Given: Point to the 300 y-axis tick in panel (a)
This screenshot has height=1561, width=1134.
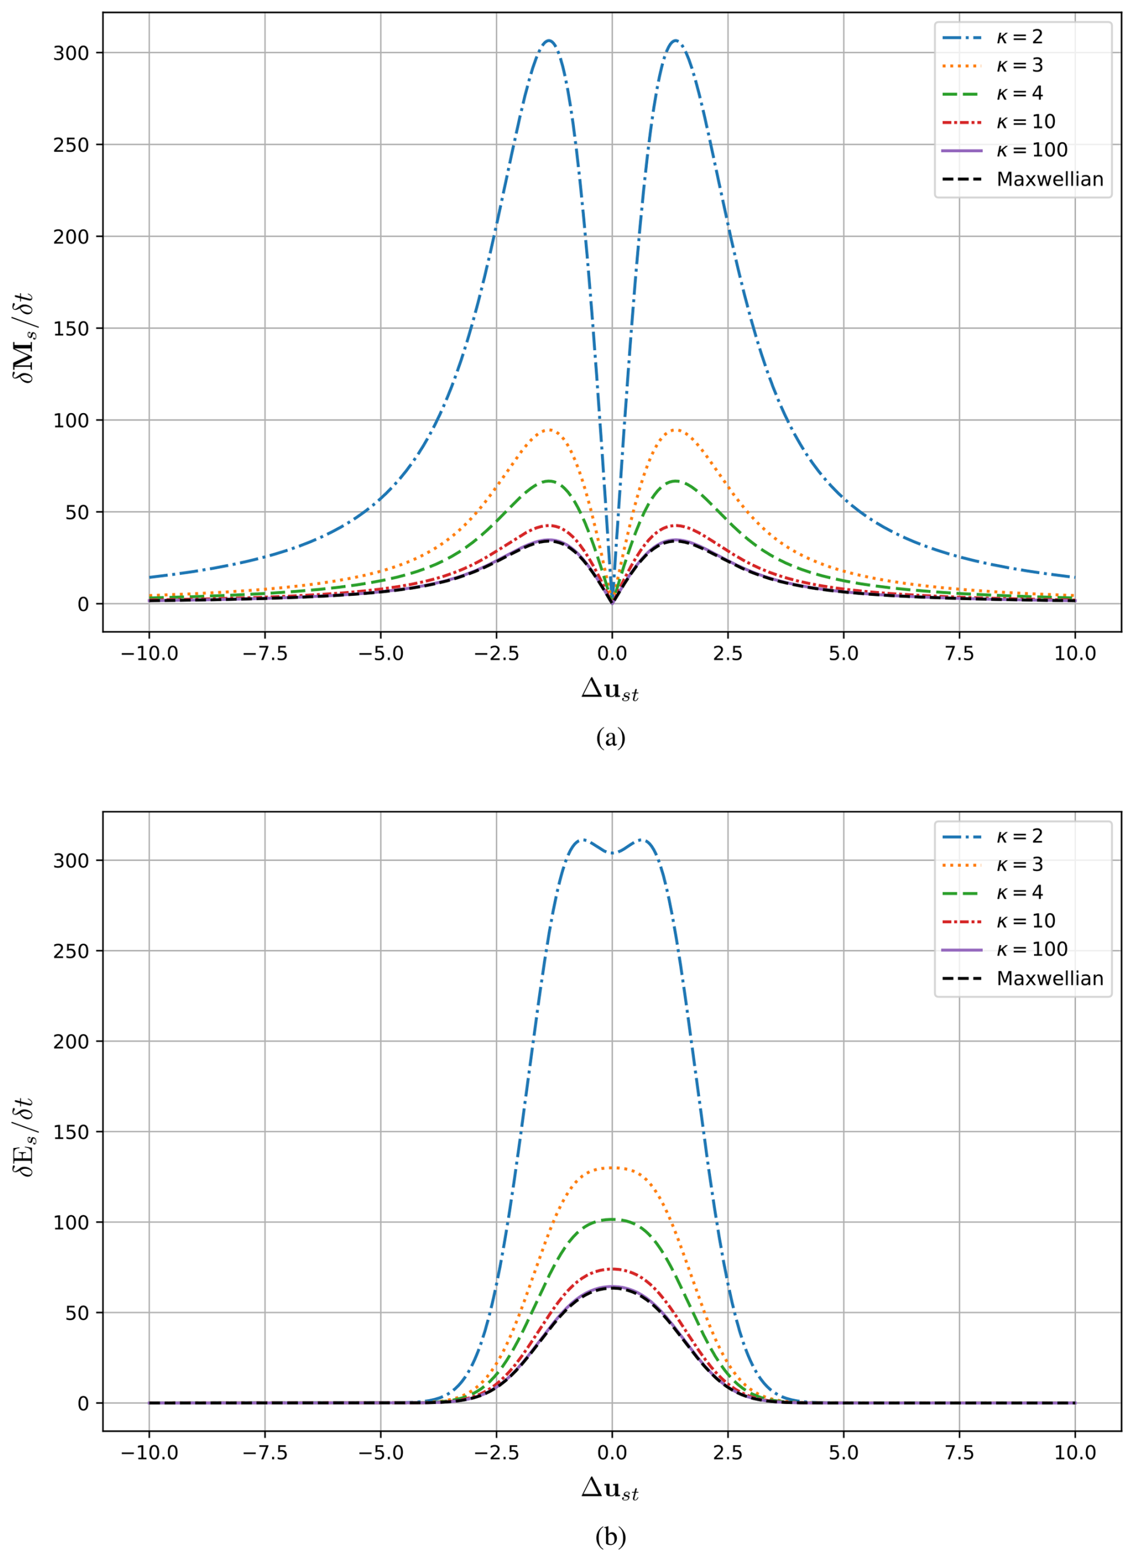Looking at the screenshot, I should coord(71,53).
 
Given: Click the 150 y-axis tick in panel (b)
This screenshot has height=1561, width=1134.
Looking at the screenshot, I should coord(71,1132).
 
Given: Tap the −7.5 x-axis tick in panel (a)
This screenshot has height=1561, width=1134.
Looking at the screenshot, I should coord(265,653).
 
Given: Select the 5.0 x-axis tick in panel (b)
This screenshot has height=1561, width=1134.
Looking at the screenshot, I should coord(844,1453).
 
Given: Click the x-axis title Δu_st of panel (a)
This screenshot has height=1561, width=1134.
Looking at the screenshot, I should coord(610,689).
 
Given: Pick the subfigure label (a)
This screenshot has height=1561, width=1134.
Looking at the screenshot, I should coord(610,738).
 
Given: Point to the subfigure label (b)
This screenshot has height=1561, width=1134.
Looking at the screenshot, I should coord(610,1536).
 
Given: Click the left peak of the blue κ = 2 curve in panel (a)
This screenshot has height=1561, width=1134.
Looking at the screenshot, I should coord(548,41).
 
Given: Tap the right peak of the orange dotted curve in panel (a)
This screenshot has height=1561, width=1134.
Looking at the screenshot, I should coord(675,429).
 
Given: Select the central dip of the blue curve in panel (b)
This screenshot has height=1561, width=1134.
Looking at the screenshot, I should coord(612,854).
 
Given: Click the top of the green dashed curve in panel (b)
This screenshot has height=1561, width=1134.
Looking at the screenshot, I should coord(612,1219).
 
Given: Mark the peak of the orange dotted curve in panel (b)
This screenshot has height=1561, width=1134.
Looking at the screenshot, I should coord(612,1167).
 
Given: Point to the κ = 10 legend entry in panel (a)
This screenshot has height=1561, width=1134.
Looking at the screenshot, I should coord(1026,122).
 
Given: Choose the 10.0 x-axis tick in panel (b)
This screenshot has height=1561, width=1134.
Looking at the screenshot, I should coord(1075,1453).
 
